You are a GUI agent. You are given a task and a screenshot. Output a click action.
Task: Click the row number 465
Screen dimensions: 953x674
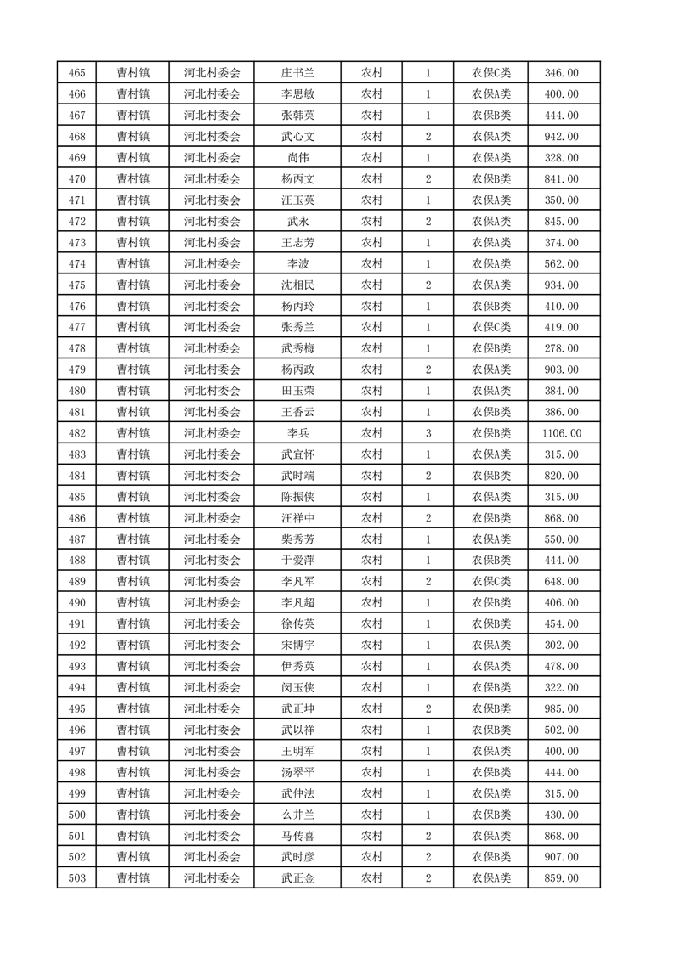coord(76,73)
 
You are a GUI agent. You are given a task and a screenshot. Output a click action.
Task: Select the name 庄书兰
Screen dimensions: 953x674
coord(297,73)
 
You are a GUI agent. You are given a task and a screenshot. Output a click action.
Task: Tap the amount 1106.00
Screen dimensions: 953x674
coord(561,433)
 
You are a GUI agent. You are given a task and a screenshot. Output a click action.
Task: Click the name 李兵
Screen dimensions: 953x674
coord(297,433)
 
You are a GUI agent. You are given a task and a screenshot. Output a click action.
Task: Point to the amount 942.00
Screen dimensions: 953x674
coord(561,137)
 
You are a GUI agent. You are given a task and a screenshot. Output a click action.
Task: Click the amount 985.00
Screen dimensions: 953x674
coord(561,708)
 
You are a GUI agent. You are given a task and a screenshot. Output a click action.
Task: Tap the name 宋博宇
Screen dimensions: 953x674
coord(297,645)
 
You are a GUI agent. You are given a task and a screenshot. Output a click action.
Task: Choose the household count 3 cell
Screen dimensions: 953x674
coord(428,433)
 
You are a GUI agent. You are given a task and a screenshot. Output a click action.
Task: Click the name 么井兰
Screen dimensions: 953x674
coord(297,815)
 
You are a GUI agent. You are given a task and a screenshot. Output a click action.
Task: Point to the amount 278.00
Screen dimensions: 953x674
coord(561,348)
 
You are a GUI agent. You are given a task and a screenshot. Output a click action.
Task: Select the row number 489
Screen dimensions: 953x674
coord(76,582)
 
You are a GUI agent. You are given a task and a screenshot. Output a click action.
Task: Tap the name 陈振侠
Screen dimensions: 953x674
coord(297,497)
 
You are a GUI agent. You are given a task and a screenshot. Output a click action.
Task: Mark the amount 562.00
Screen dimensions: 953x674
coord(561,264)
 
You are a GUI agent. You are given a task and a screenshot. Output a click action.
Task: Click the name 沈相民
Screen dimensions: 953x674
coord(297,285)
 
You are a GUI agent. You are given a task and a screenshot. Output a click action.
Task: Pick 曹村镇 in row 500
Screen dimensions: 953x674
coord(133,815)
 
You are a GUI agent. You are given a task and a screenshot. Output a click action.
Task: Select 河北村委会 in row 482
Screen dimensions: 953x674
coord(212,433)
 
